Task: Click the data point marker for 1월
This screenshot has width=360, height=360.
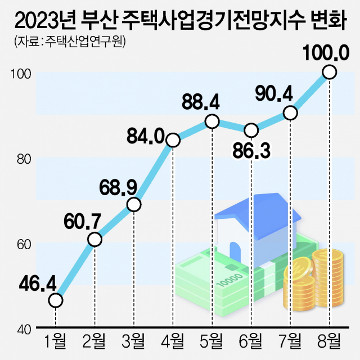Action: [56, 301]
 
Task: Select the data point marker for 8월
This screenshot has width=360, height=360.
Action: [330, 72]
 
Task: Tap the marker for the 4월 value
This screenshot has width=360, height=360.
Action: [173, 140]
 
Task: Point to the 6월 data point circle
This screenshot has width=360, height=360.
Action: [251, 130]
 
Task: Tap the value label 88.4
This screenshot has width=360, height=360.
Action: [200, 103]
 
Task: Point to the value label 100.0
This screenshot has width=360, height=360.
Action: [326, 53]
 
